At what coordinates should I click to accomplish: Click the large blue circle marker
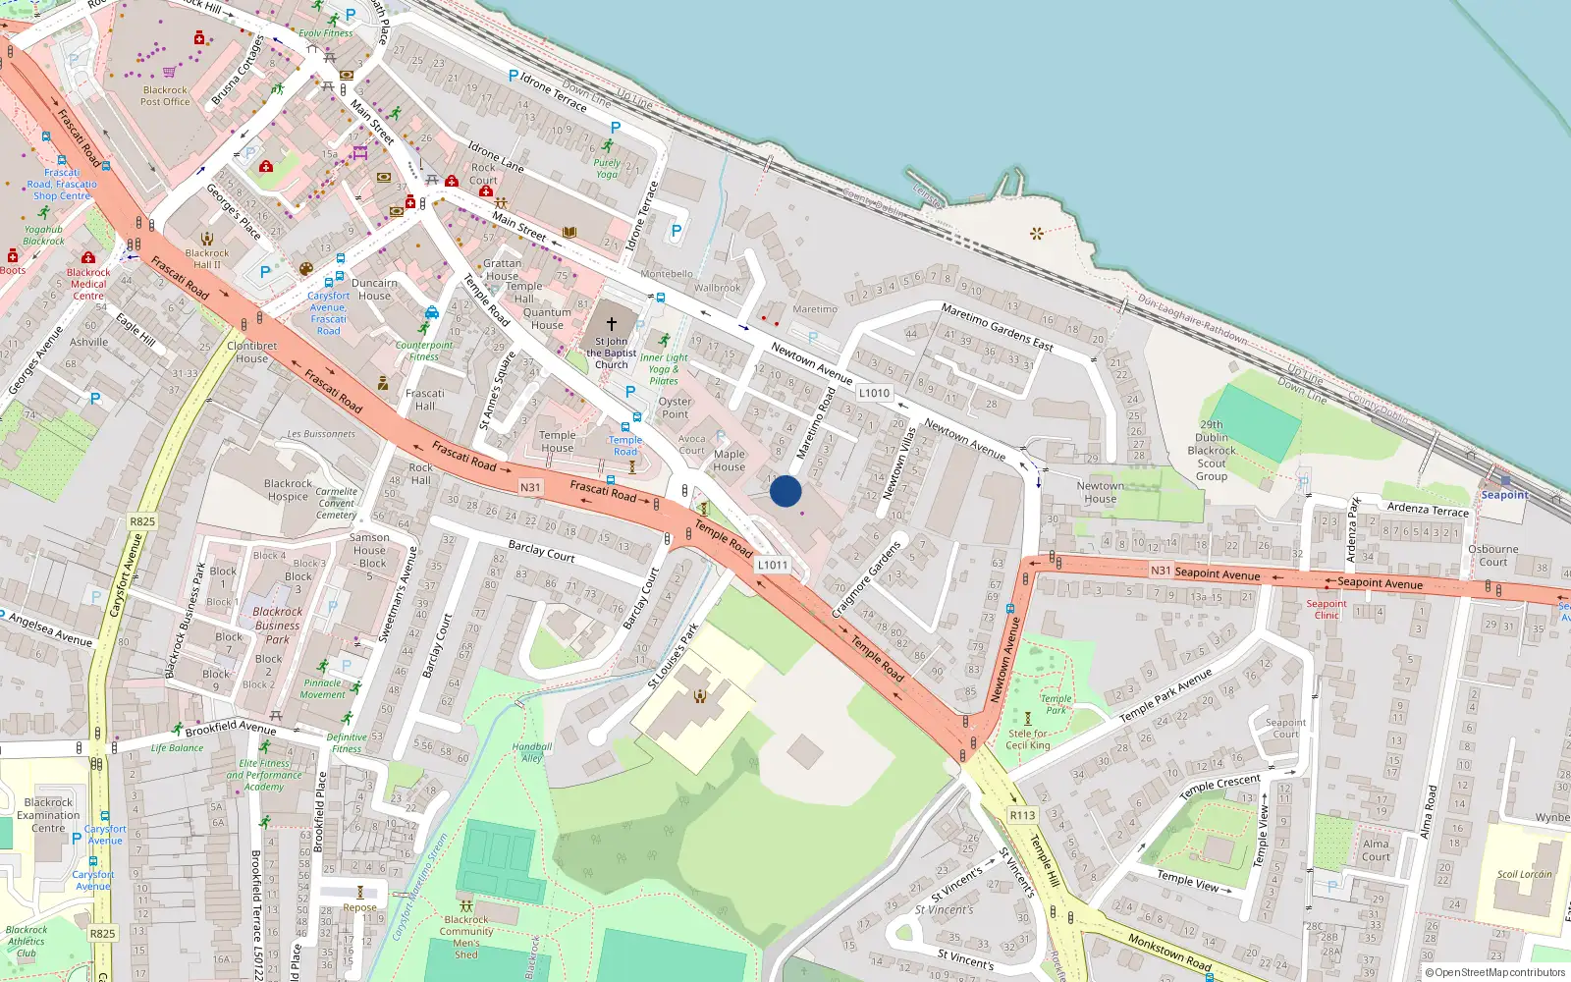pos(785,491)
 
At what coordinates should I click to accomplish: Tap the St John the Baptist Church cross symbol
pos(611,323)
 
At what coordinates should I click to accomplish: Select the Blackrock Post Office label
pos(165,96)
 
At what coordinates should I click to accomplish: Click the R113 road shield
pos(1022,815)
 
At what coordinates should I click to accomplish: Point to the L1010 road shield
pos(874,393)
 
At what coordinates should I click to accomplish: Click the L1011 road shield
pos(773,565)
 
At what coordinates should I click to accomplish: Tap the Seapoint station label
pos(1504,495)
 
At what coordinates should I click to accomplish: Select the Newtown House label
pos(1100,492)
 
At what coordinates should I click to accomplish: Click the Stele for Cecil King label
pos(1028,739)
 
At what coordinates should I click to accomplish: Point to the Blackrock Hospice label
pos(288,490)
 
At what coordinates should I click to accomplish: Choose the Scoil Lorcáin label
pos(1524,874)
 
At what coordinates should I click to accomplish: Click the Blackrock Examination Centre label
pos(48,815)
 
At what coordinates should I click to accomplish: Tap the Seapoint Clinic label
pos(1327,610)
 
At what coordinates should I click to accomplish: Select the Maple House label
pos(729,461)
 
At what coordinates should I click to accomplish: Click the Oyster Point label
pos(676,408)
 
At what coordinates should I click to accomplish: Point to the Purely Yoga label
pos(607,169)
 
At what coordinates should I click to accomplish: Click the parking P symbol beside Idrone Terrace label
pos(513,76)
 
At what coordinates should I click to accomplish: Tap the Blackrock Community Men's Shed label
pos(466,937)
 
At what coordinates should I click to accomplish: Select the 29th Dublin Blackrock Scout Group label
pos(1212,451)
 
